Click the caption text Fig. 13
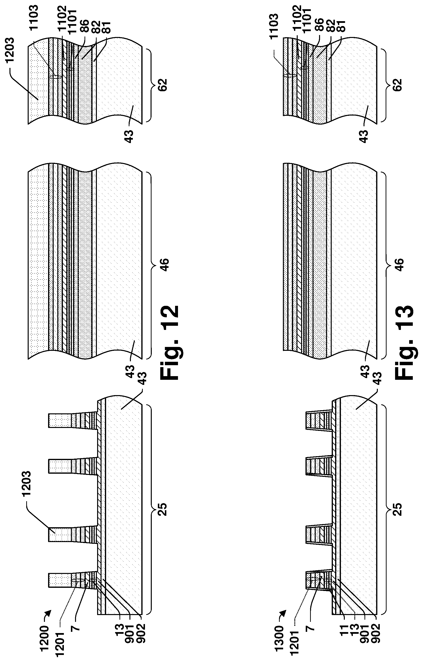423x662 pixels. [x=404, y=342]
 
